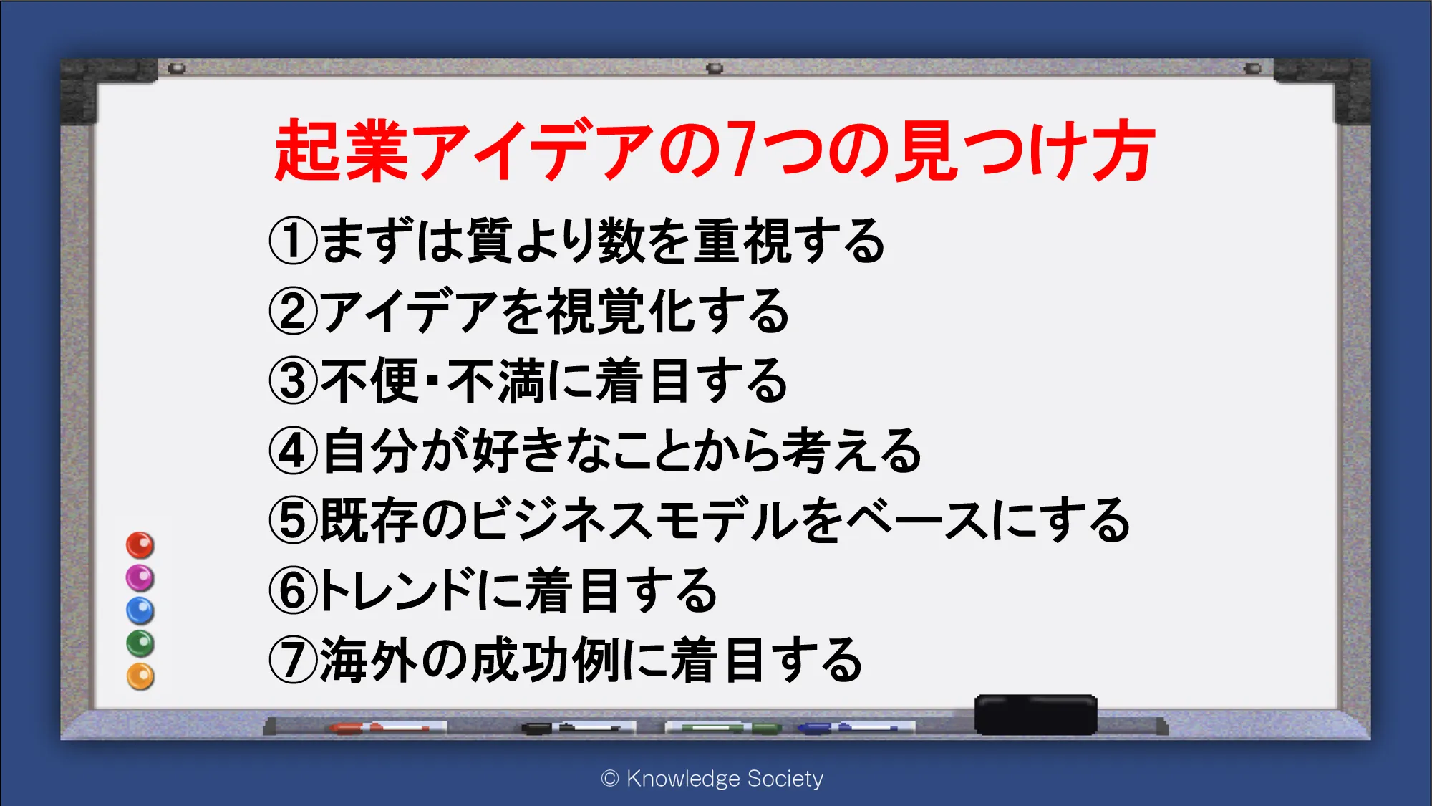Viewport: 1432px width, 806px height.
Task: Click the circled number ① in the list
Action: (x=293, y=241)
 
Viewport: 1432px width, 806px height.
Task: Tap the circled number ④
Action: (x=293, y=451)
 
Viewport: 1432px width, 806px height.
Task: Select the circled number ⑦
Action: (x=293, y=660)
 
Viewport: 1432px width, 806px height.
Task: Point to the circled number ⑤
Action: (x=293, y=520)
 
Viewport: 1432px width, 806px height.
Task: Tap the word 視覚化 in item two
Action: (x=620, y=311)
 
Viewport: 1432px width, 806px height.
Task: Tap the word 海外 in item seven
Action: (x=368, y=660)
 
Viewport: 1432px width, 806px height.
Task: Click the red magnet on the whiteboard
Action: (x=140, y=545)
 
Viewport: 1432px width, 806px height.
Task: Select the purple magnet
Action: (x=140, y=578)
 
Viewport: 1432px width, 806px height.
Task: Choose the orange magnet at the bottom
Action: (x=140, y=676)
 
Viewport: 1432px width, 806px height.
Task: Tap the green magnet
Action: (x=140, y=643)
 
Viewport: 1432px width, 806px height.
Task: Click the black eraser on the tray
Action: (x=1035, y=714)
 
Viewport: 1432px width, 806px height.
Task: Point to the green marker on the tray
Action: (x=723, y=728)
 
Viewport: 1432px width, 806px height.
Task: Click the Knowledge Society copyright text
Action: (x=712, y=778)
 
